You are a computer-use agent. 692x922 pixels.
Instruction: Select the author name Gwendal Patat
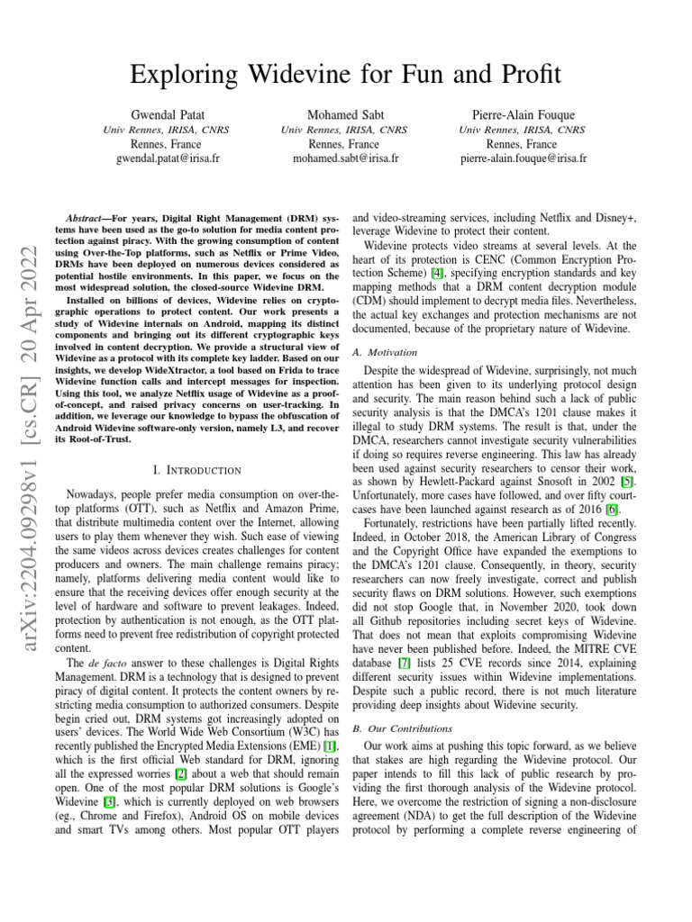tap(167, 115)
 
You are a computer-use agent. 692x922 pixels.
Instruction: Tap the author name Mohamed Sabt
tap(344, 115)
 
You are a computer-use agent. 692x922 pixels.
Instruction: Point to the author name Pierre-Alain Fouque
tap(523, 115)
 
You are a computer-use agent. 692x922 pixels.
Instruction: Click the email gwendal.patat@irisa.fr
tap(167, 158)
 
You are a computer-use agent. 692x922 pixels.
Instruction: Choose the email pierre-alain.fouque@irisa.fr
tap(523, 158)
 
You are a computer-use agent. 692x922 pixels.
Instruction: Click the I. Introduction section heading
tap(192, 470)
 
